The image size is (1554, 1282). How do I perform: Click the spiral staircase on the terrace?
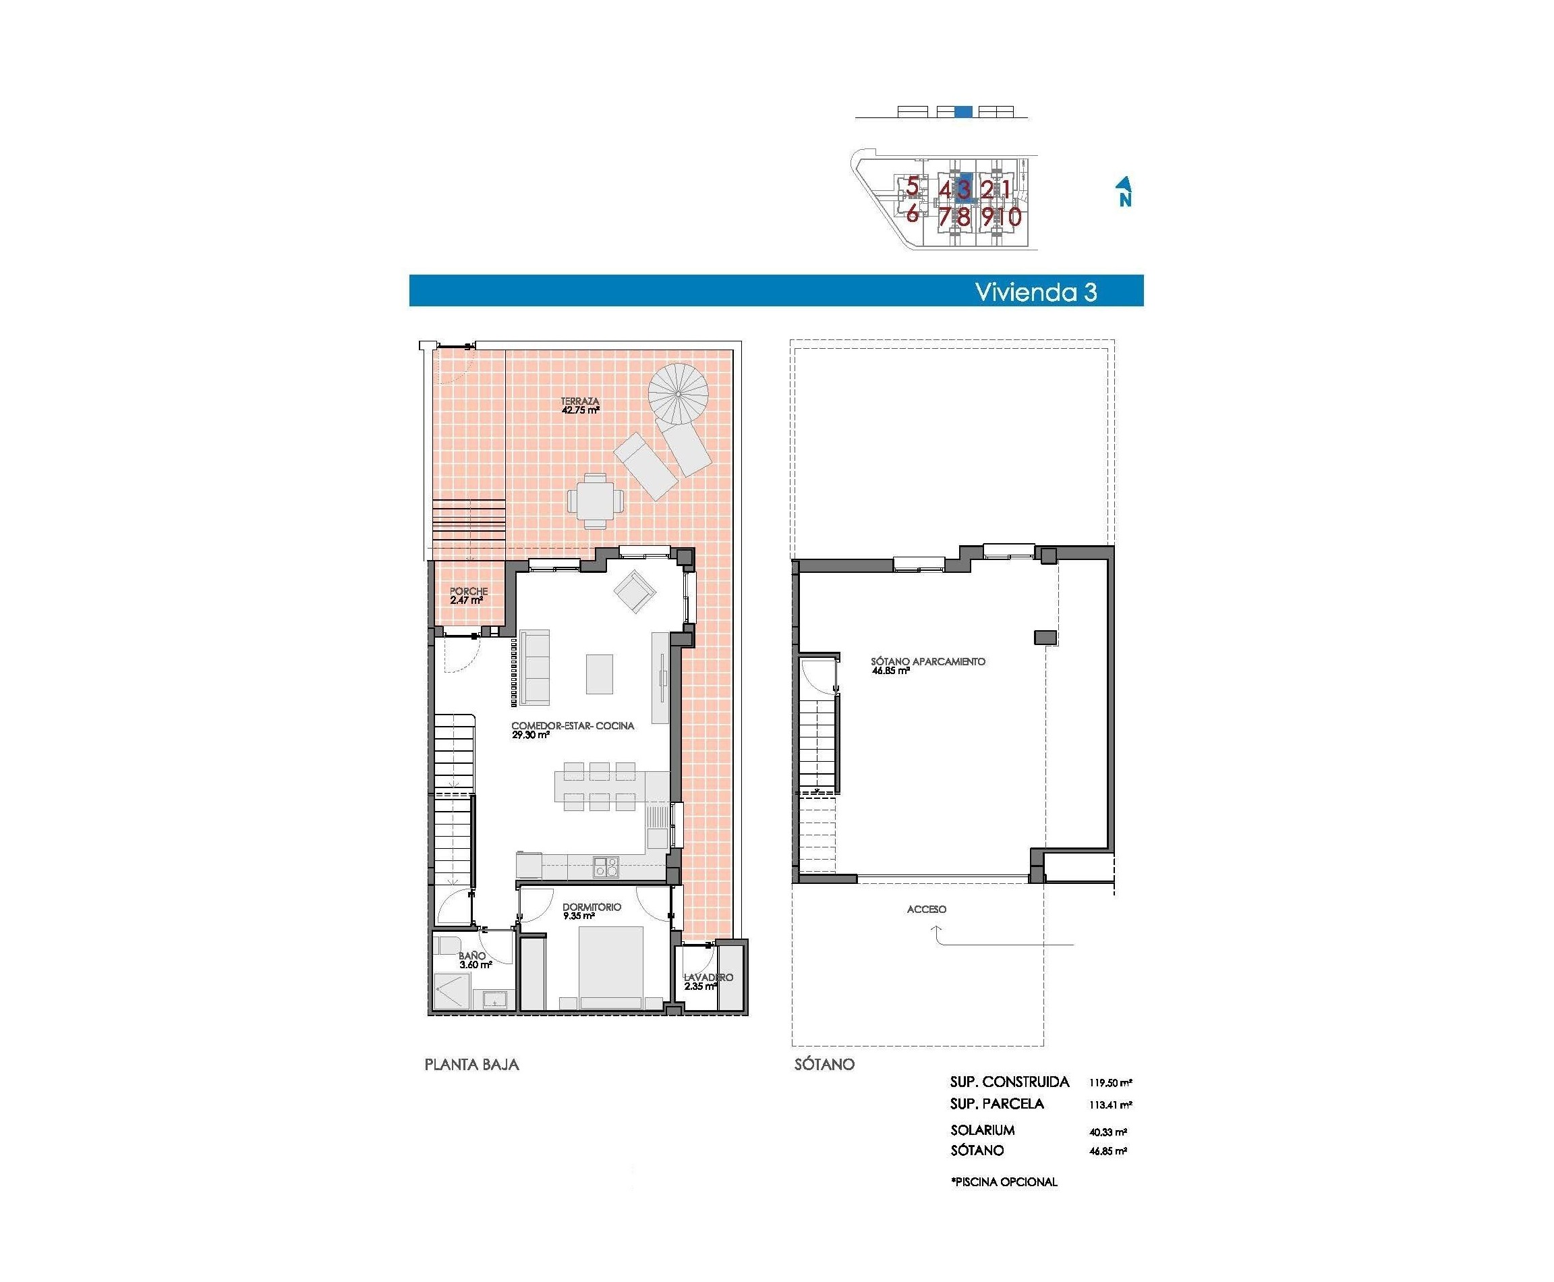tap(677, 393)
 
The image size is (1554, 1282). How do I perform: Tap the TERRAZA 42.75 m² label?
tap(579, 406)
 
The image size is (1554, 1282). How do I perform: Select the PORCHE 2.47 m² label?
tap(468, 596)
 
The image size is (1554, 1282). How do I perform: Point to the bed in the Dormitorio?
tap(611, 967)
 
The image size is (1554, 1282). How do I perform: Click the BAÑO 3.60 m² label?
tap(474, 960)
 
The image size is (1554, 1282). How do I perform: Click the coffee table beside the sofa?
tap(600, 673)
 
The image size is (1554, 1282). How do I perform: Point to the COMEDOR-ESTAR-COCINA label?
tap(572, 727)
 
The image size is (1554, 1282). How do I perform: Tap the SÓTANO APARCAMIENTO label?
tap(927, 663)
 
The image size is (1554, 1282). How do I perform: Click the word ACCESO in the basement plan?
tap(926, 910)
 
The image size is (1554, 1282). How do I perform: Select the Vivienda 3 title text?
tap(1036, 291)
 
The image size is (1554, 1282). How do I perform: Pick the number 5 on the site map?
tap(913, 186)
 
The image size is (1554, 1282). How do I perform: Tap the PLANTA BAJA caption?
tap(471, 1064)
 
